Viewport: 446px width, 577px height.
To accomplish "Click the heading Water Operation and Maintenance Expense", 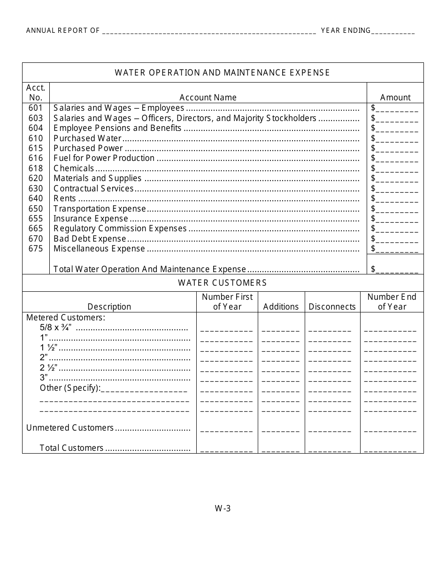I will pos(223,73).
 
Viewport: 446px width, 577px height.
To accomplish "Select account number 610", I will pos(36,138).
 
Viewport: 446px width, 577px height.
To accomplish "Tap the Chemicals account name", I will pos(74,168).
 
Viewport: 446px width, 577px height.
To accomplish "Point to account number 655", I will pos(36,219).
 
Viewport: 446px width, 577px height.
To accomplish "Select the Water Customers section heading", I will pos(223,283).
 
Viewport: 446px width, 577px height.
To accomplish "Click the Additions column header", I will pos(281,307).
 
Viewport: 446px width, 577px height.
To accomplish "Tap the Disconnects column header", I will pos(332,307).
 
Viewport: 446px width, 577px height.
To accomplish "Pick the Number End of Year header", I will pos(392,302).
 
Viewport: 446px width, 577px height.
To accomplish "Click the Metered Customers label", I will pos(66,318).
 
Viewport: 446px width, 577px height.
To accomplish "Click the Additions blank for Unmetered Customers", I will pos(281,429).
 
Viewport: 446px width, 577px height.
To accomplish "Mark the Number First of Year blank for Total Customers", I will pos(227,449).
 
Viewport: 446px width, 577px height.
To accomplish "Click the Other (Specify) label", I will pos(70,388).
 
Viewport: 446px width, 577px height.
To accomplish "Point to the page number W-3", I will pos(223,509).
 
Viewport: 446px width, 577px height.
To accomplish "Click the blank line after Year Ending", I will pos(393,31).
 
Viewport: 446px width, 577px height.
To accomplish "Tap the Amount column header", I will pos(395,98).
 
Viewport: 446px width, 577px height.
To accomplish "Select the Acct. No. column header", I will pos(36,92).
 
